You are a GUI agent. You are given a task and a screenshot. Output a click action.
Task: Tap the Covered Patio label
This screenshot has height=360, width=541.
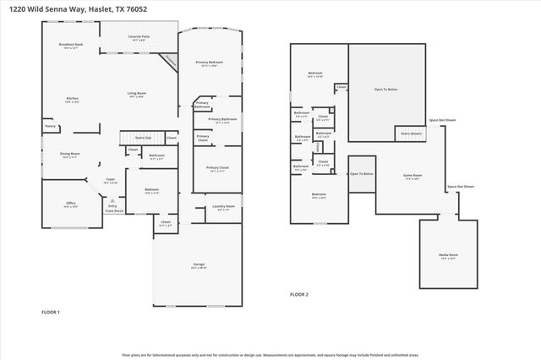pos(139,37)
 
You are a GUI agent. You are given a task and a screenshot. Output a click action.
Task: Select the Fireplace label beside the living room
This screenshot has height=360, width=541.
pos(171,61)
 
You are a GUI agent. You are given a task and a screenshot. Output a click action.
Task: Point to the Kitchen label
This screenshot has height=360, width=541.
pos(72,99)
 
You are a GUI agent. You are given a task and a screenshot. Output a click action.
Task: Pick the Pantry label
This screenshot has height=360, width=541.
pos(50,128)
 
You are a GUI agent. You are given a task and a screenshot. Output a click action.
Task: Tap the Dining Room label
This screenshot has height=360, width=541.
pos(68,154)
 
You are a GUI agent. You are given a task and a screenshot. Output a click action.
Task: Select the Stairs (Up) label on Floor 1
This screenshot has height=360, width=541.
pos(143,136)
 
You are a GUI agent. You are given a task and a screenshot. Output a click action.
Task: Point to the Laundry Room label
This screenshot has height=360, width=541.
pos(223,207)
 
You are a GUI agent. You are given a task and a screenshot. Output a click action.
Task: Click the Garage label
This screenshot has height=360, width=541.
pos(199,265)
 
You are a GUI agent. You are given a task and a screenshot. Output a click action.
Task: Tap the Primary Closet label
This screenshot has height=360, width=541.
pos(217,167)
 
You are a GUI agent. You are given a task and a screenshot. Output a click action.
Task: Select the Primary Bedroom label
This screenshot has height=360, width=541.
pos(210,63)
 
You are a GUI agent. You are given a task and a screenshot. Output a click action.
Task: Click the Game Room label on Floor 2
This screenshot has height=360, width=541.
pos(413,176)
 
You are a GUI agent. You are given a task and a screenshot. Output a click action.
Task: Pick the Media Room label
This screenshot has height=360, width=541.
pos(448,254)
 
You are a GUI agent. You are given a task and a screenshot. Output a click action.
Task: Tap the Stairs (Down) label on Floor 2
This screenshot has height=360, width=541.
pos(411,133)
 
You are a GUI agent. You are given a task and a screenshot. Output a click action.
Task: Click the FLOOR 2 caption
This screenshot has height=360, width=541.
pos(299,294)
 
